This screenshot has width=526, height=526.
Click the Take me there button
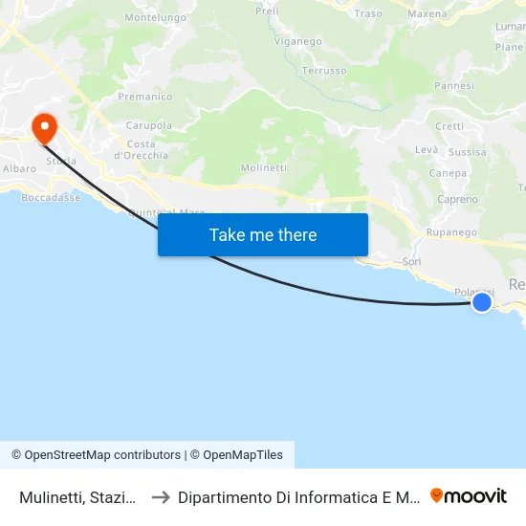(263, 234)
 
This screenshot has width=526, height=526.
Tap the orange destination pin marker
(44, 128)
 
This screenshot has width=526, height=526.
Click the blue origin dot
(482, 302)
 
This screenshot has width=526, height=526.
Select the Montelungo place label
(155, 17)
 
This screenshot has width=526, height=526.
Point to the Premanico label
(145, 97)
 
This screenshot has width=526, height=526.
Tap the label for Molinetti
(264, 167)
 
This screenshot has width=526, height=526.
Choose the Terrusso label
(323, 71)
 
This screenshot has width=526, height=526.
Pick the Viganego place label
(298, 42)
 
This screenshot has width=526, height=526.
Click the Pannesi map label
(454, 85)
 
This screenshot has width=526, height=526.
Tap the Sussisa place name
(467, 152)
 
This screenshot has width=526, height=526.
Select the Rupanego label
(451, 232)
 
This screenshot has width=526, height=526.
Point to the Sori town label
(412, 261)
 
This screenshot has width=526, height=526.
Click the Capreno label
(457, 200)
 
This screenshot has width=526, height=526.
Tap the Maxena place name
(427, 13)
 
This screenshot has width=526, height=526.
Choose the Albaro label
(19, 168)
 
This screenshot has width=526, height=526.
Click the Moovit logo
(469, 495)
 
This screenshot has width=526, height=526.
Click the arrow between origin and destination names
(161, 496)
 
